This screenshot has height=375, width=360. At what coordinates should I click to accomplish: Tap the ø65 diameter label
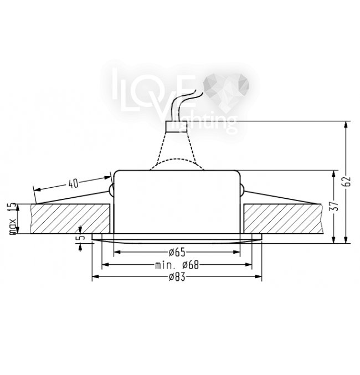[177, 253]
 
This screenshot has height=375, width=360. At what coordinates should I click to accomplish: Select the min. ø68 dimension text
[177, 265]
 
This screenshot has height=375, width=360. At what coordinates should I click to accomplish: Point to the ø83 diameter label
[177, 277]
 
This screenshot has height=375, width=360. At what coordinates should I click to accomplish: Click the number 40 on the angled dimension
[74, 184]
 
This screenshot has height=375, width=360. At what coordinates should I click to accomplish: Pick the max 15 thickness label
[13, 219]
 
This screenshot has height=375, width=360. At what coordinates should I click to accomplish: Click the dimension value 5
[82, 238]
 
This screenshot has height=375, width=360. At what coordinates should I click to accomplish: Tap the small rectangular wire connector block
[176, 127]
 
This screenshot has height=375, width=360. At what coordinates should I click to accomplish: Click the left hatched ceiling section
[70, 219]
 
